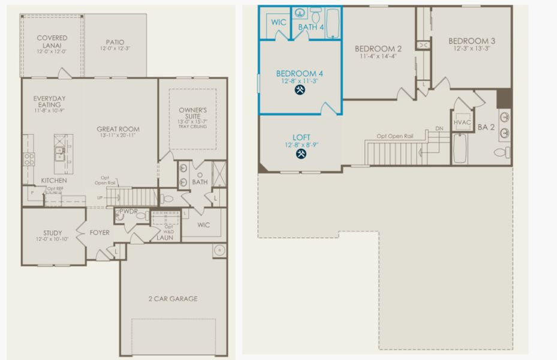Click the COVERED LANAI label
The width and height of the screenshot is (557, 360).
coord(52,41)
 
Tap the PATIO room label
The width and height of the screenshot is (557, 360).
coord(114,42)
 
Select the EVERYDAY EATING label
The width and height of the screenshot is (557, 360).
coord(49,101)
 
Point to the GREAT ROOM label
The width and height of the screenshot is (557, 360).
coord(118,129)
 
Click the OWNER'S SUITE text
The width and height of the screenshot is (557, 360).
coord(192,114)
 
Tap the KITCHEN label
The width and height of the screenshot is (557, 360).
coord(54,181)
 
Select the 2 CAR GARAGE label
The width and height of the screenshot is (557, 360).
coord(173,298)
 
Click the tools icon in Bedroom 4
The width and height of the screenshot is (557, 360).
coord(300,91)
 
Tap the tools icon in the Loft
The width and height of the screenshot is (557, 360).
coord(300,154)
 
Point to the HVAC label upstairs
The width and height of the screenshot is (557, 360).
coord(462,122)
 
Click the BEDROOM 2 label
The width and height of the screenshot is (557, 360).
coord(378,49)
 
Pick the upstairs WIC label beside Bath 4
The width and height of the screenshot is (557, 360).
coord(278,22)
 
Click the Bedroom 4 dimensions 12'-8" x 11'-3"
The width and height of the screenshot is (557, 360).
coord(300,81)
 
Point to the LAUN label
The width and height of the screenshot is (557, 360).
coord(165,238)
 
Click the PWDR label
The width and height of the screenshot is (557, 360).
coord(129,211)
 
